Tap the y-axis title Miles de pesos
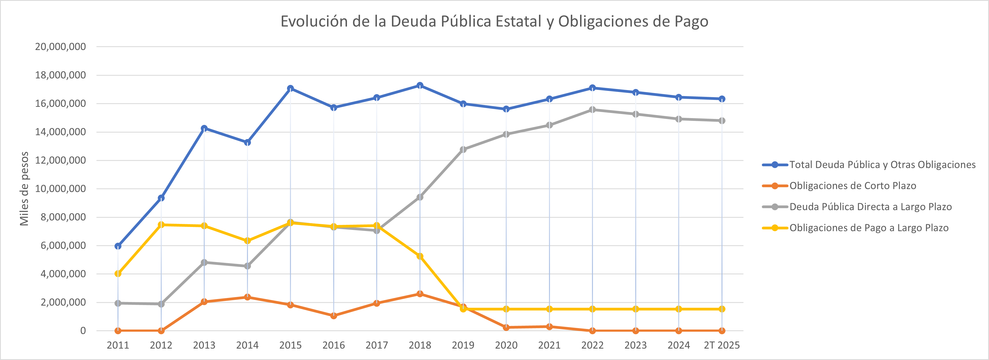tap(24, 189)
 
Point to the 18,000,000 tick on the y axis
tap(60, 75)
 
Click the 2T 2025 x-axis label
tap(721, 345)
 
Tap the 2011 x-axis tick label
tap(118, 345)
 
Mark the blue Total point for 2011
tap(118, 246)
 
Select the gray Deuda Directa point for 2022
tap(592, 110)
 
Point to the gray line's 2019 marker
tap(463, 149)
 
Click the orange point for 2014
tap(247, 297)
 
